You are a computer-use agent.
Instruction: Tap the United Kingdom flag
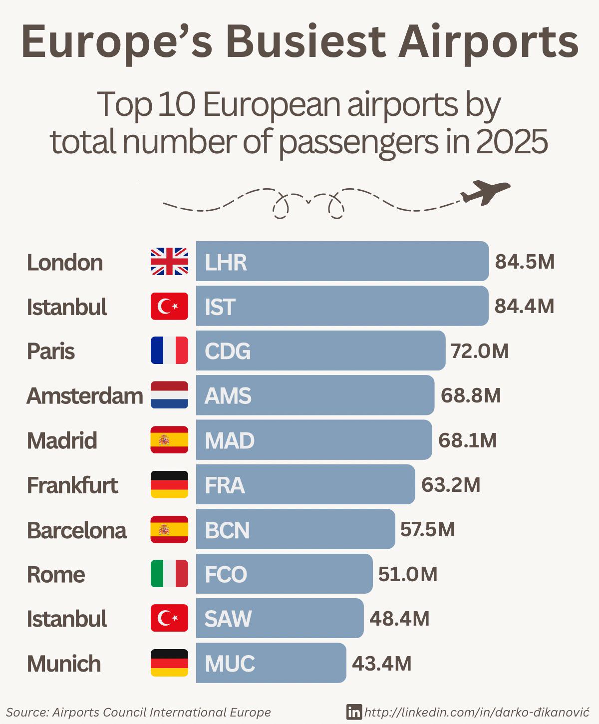(169, 262)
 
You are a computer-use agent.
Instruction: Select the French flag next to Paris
(169, 351)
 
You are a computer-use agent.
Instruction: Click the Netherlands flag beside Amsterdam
(169, 395)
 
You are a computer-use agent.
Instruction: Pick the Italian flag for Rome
(169, 574)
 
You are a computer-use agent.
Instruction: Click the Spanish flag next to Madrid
(169, 440)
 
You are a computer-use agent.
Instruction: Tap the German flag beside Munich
(169, 663)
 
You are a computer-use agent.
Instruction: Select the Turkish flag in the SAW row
(169, 618)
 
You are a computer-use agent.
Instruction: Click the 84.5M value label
(525, 262)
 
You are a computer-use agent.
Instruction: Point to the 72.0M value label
(480, 351)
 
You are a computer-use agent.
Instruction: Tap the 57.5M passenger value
(427, 529)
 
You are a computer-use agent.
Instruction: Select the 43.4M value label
(382, 664)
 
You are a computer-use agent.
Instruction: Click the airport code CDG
(228, 351)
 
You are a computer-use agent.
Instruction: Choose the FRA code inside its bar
(225, 485)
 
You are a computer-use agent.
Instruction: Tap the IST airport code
(220, 307)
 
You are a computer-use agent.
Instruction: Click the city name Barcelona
(76, 530)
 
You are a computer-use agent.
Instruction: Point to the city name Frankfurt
(72, 485)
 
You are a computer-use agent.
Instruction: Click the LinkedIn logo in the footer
(354, 712)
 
